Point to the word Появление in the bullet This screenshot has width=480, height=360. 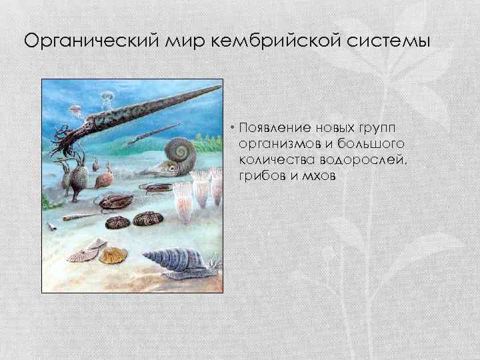(x=267, y=127)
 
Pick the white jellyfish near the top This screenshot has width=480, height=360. (x=107, y=100)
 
